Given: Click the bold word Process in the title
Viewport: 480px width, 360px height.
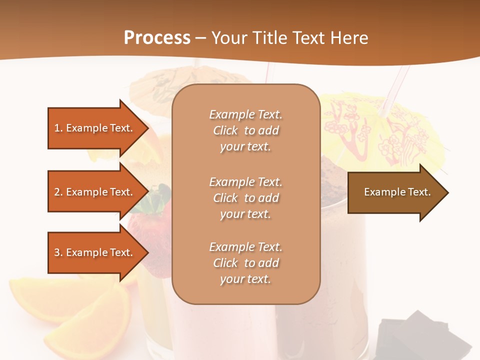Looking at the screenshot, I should [157, 37].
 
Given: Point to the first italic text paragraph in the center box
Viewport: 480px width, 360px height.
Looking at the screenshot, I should [245, 130].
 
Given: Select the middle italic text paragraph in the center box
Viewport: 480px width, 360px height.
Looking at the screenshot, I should [245, 198].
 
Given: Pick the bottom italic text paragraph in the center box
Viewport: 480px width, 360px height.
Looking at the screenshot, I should [245, 263].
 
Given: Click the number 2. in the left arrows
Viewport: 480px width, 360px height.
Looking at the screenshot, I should [58, 192].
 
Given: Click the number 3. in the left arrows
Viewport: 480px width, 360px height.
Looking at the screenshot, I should [58, 252].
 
